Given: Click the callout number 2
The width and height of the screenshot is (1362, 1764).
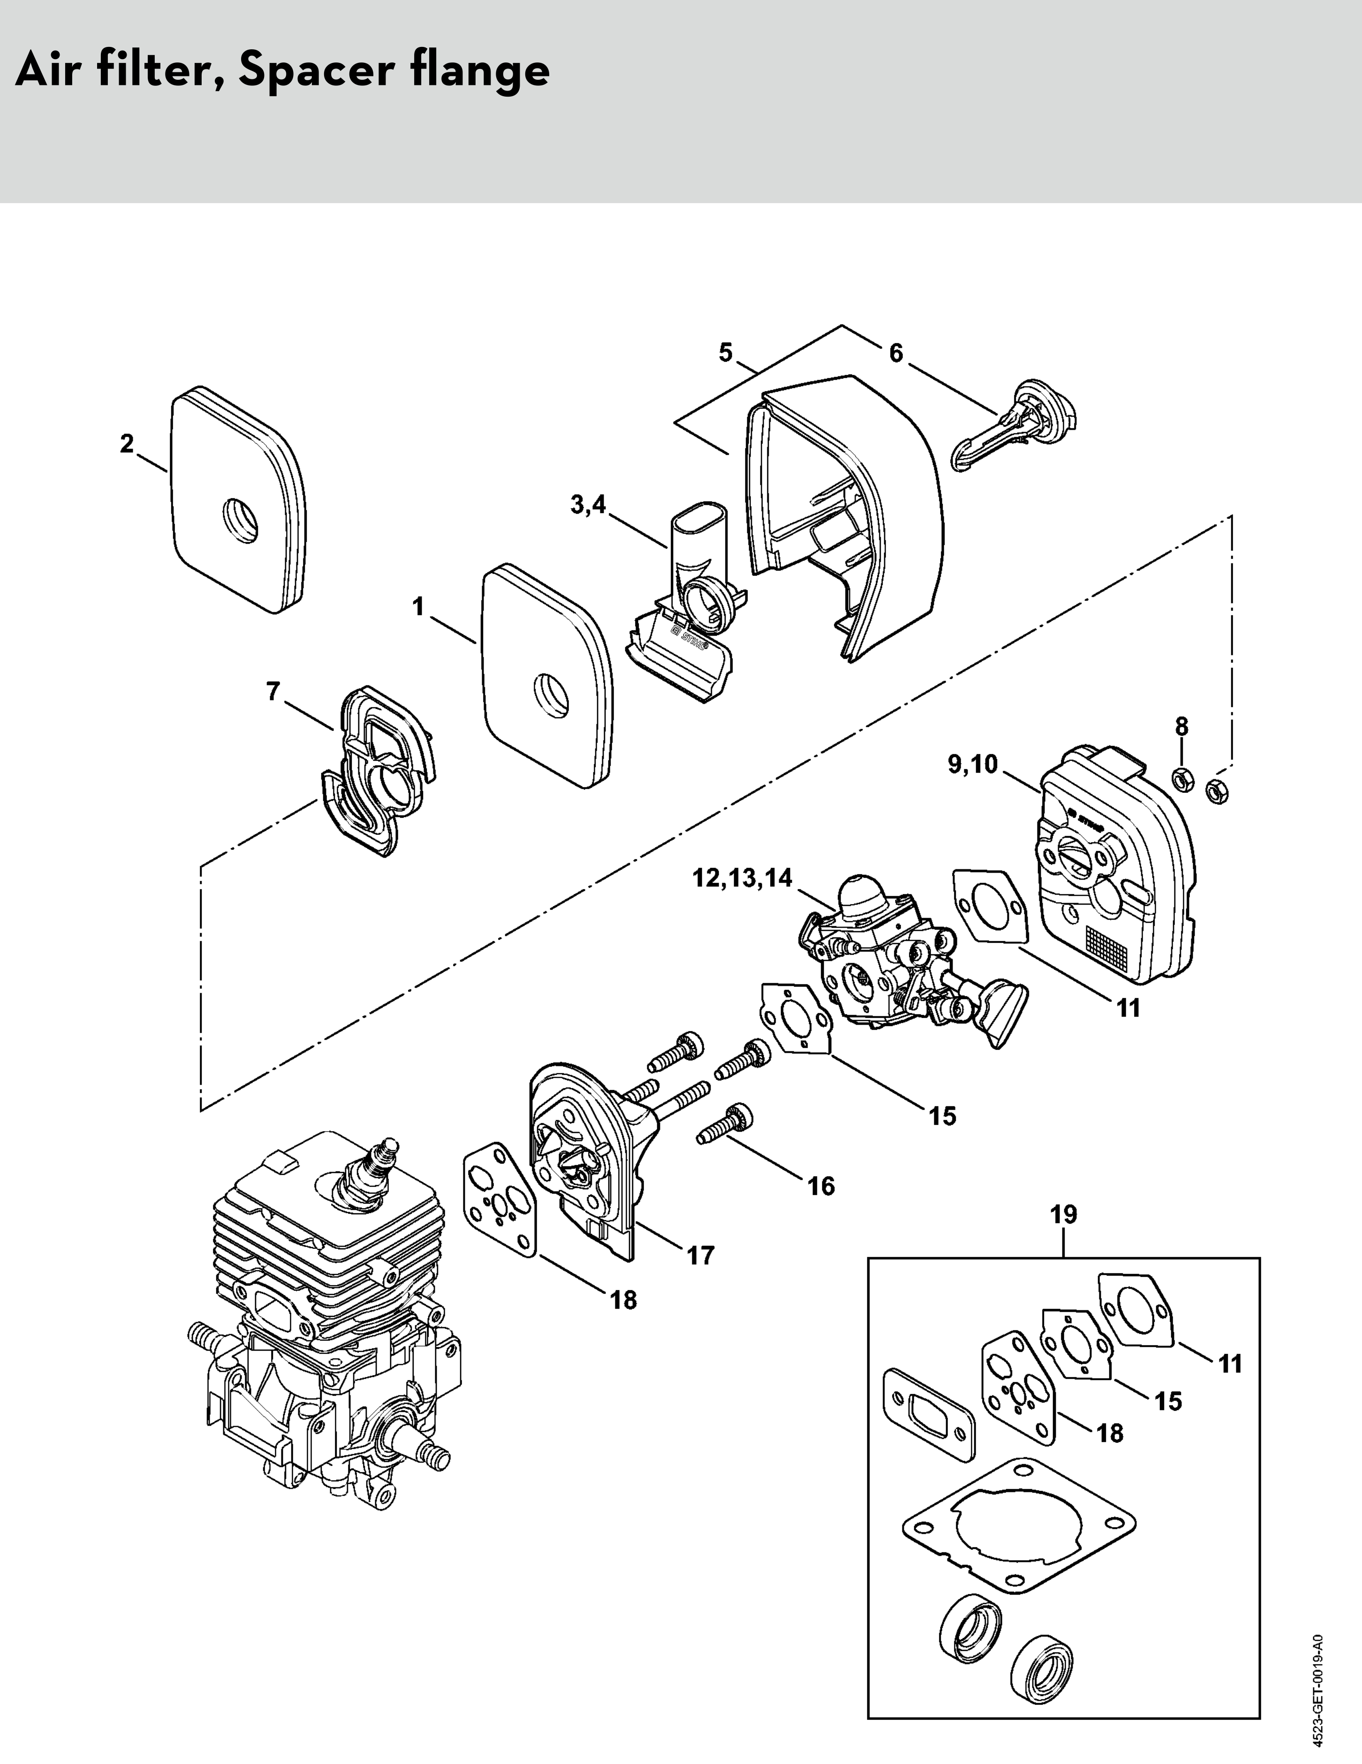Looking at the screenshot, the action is [x=126, y=443].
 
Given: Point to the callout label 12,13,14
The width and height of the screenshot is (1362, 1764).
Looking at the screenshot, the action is [x=743, y=878].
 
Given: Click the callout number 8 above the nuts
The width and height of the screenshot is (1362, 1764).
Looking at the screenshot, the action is [x=1181, y=725].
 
